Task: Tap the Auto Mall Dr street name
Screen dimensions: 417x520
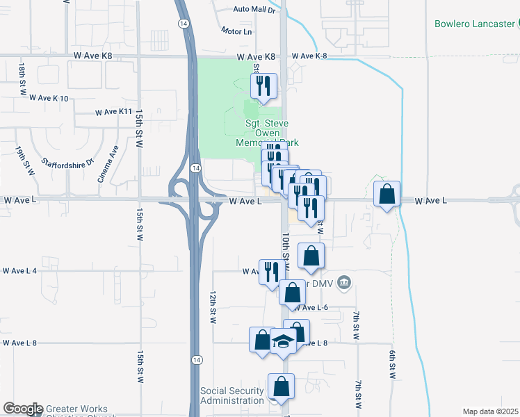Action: coord(254,10)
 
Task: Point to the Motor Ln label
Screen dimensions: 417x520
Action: coord(236,31)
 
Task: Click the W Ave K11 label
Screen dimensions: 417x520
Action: coord(113,111)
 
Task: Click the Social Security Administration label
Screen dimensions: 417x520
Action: coord(232,396)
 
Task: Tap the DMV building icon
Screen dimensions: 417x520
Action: coord(344,282)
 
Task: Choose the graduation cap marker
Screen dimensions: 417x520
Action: coord(283,342)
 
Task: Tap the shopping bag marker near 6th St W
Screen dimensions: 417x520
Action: coord(387,194)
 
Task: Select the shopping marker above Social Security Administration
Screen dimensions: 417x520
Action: coord(281,386)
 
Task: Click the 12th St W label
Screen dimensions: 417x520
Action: coord(214,306)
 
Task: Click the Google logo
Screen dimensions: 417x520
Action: coord(23,409)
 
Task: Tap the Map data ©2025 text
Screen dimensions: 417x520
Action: coord(490,411)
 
